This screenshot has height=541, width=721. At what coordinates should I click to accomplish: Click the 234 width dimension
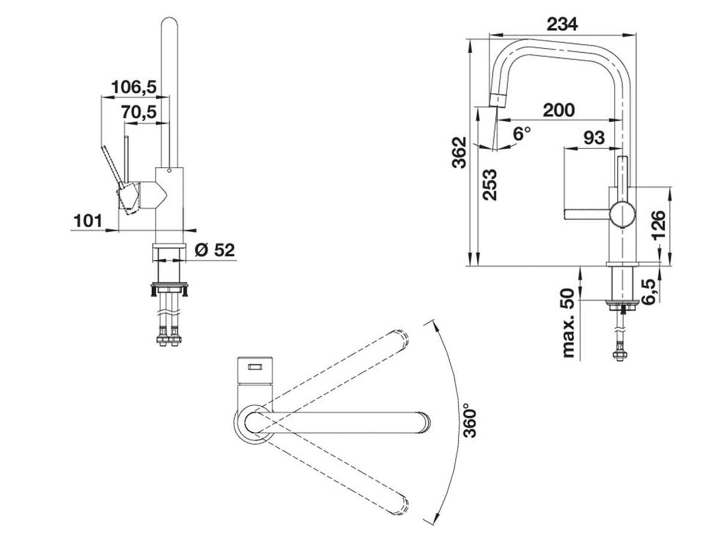[x=562, y=24]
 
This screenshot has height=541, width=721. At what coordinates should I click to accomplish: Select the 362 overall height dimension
[x=459, y=152]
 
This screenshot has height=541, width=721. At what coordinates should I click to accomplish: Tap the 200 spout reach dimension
[x=558, y=110]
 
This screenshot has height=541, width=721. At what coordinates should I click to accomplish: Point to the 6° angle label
[x=521, y=133]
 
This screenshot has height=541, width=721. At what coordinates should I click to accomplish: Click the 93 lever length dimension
[x=593, y=137]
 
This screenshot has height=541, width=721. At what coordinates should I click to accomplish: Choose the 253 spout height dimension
[x=489, y=184]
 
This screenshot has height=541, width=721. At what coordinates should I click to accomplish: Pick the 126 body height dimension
[x=658, y=226]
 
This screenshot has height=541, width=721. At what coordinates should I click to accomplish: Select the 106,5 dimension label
[x=134, y=87]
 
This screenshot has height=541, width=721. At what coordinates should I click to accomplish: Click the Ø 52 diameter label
[x=215, y=250]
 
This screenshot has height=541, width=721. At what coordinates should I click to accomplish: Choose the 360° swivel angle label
[x=470, y=423]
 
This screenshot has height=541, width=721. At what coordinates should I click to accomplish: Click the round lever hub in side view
[x=622, y=215]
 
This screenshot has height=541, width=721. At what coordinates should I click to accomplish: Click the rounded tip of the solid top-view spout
[x=424, y=422]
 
